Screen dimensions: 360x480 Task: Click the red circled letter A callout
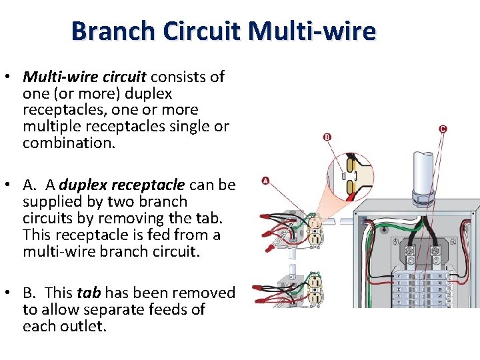(265, 180)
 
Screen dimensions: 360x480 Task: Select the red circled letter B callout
(327, 137)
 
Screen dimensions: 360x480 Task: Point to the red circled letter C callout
(443, 129)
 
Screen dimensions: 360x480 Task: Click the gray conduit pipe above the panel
(424, 169)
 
